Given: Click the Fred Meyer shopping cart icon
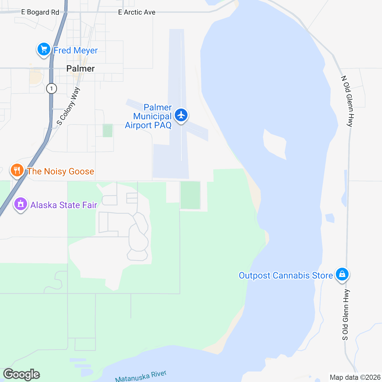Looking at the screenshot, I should (x=44, y=49).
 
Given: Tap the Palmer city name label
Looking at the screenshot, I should (x=81, y=68).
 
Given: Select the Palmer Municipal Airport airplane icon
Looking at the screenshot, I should (x=181, y=115).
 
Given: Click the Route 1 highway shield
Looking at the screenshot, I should (x=51, y=88).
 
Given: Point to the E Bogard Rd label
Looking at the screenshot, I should (x=40, y=12).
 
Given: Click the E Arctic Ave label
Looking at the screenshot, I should (x=137, y=12).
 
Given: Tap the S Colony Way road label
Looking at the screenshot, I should (x=68, y=106).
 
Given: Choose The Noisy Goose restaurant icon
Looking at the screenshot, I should (x=17, y=170).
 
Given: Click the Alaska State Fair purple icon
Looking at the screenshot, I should (x=21, y=204).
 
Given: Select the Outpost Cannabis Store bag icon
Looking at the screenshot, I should (x=342, y=274).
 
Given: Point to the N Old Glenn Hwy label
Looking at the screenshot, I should (x=347, y=101).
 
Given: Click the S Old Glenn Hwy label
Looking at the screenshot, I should (x=346, y=315).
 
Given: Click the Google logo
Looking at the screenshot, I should (x=22, y=375).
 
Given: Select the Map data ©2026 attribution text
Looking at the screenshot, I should (x=355, y=378).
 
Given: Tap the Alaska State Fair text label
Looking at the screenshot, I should (x=64, y=205).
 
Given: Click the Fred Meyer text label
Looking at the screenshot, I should (x=75, y=50).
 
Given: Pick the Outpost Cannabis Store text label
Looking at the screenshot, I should (x=286, y=275).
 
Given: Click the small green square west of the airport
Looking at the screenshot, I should (x=108, y=131).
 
